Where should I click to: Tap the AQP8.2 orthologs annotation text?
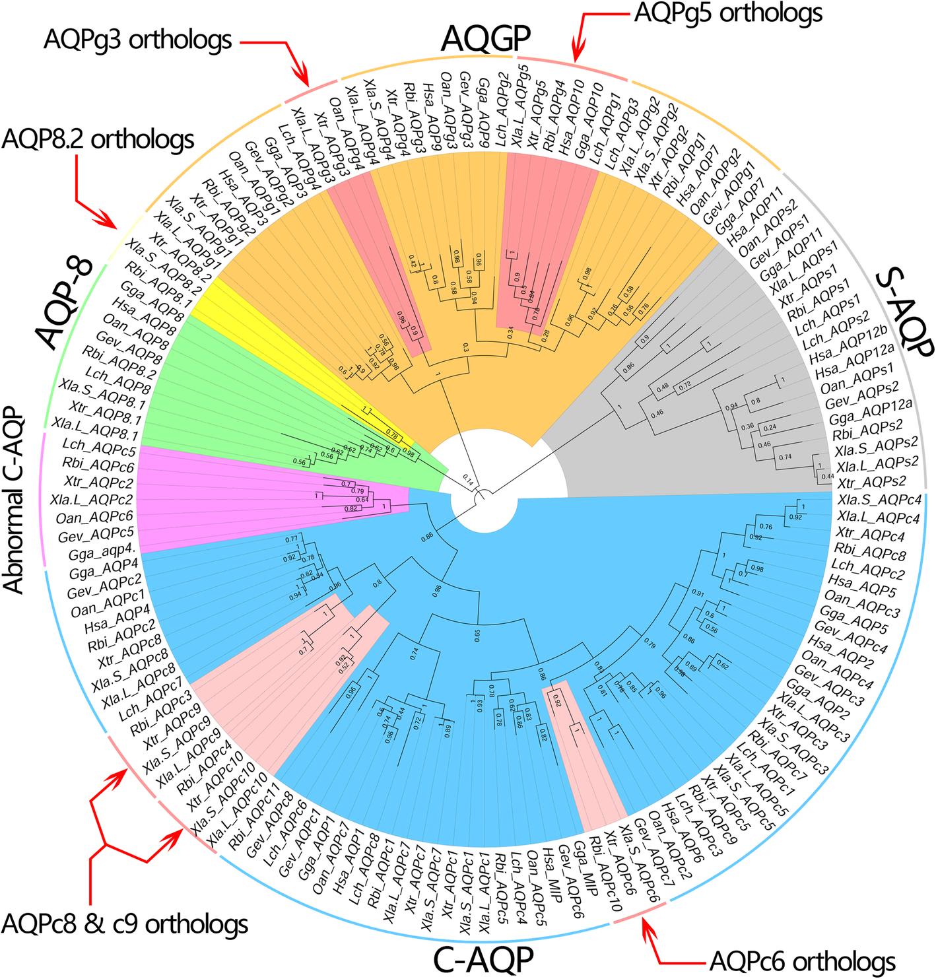point(99,139)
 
